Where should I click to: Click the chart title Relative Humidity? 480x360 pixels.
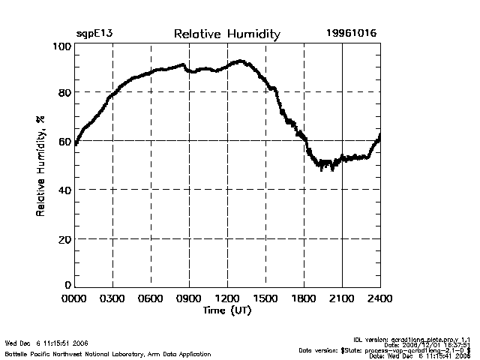226,34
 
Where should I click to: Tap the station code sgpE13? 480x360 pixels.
95,34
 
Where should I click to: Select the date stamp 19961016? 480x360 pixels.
352,34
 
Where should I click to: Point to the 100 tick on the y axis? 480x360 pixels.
61,46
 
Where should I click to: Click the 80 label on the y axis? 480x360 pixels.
64,93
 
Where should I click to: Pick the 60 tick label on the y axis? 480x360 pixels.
64,141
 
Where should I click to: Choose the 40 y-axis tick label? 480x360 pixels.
64,190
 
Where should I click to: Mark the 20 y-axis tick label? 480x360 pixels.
64,238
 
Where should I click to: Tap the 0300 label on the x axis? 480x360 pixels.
112,299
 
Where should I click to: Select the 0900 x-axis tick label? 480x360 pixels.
189,299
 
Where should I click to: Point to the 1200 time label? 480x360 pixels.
227,299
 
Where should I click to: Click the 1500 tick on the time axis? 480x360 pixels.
265,299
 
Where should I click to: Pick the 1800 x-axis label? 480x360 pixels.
304,299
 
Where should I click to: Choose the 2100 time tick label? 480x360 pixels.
342,299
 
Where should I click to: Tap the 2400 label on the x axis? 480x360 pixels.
380,299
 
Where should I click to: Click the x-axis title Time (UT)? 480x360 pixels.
226,310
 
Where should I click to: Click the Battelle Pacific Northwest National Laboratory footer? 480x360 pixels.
108,354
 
